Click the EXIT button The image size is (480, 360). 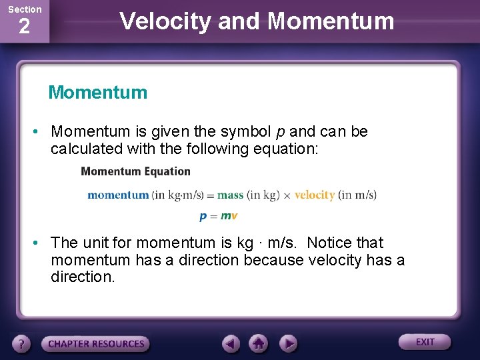click(425, 342)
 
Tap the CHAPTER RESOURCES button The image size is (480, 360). click(95, 344)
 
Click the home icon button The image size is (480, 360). click(259, 343)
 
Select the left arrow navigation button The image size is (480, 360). click(231, 343)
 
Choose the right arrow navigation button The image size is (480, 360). click(288, 343)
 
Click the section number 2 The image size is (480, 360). click(24, 27)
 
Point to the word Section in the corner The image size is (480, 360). click(25, 9)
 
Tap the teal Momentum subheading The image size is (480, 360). click(97, 92)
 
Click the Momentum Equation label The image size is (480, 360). click(135, 171)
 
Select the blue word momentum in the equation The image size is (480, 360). click(118, 195)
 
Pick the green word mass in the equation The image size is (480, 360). click(230, 195)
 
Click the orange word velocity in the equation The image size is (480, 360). click(314, 195)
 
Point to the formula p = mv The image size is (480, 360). click(218, 216)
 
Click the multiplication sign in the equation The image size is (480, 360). click(287, 196)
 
